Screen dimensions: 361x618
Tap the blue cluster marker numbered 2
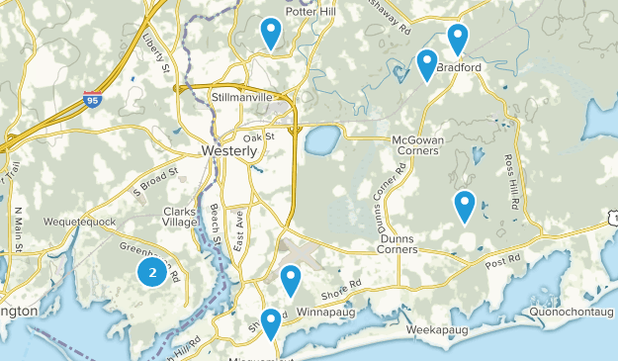[x=151, y=272]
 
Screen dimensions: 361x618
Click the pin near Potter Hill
[x=270, y=33]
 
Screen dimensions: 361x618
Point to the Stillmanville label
[x=242, y=100]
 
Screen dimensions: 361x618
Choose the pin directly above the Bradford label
[x=457, y=39]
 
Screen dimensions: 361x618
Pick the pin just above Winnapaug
[x=290, y=280]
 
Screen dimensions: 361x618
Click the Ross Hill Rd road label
[x=512, y=181]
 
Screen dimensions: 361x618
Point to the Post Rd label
[x=502, y=259]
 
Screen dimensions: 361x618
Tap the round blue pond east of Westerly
[x=321, y=139]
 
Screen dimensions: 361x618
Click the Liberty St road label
[x=158, y=55]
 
